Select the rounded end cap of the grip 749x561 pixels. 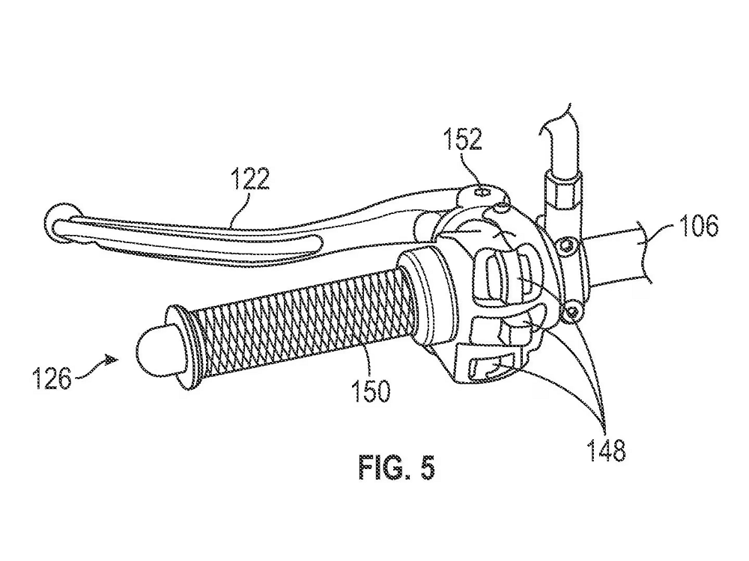pyautogui.click(x=154, y=352)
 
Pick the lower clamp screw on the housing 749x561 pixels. pyautogui.click(x=574, y=310)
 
